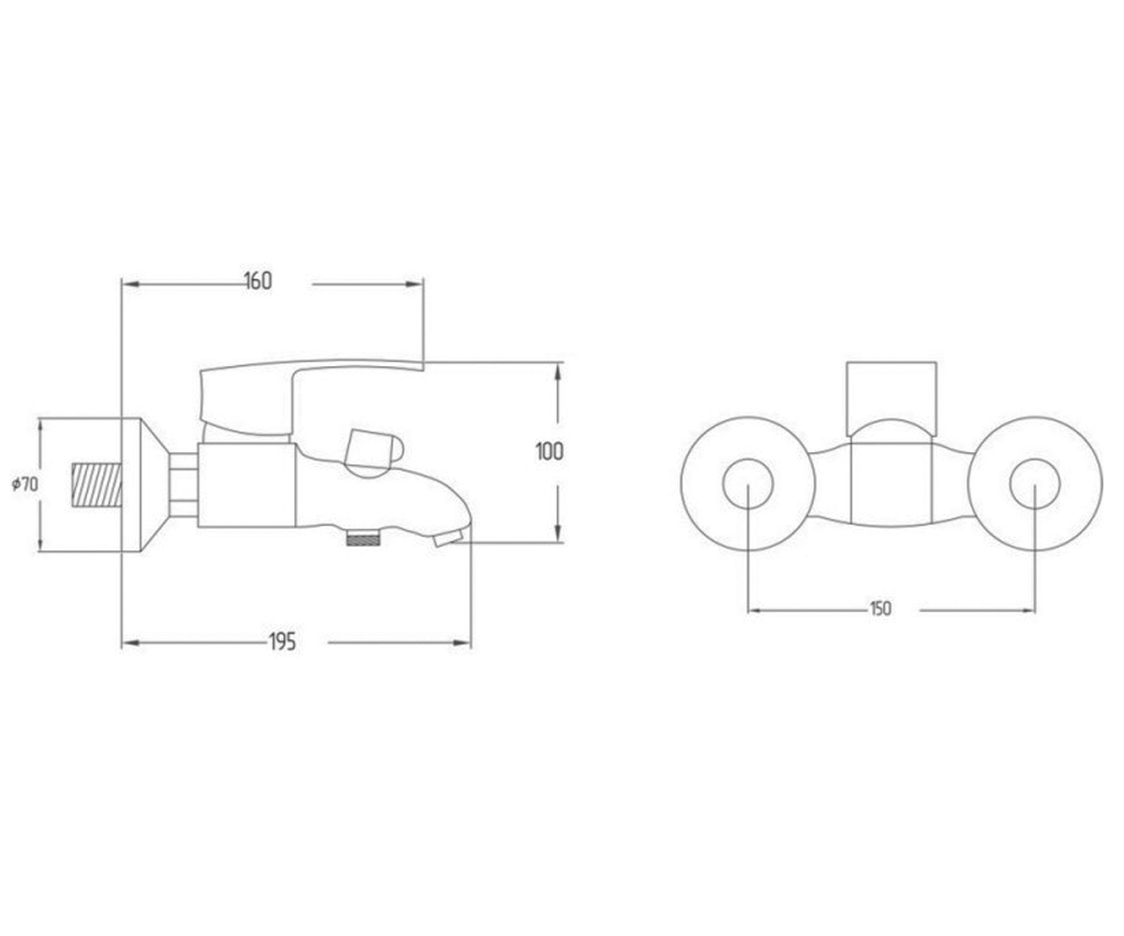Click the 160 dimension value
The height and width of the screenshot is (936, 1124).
coord(259,282)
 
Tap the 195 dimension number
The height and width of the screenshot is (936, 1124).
coord(282,642)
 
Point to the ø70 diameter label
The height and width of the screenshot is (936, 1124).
coord(25,485)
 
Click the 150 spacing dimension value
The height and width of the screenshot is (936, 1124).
coord(880,608)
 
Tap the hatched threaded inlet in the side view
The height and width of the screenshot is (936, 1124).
coord(96,485)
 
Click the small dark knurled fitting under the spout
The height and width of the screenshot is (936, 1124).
coord(364,538)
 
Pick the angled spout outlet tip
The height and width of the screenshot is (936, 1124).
coord(449,538)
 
